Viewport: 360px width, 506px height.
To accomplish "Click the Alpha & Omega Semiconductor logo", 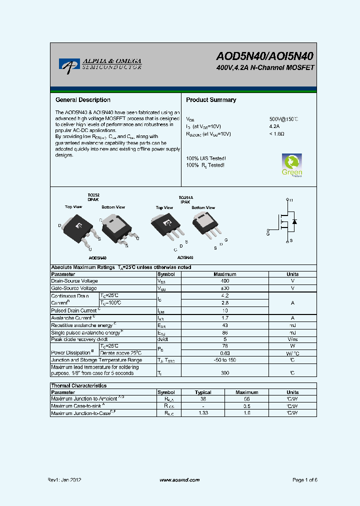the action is pyautogui.click(x=100, y=63).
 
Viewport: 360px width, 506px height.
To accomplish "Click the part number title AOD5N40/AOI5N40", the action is pyautogui.click(x=264, y=56).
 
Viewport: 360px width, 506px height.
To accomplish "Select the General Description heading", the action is pyautogui.click(x=82, y=100).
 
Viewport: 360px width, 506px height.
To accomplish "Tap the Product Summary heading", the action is pyautogui.click(x=211, y=100).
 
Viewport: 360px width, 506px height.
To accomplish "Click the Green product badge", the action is pyautogui.click(x=292, y=165).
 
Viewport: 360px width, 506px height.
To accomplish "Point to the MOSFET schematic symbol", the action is pyautogui.click(x=285, y=220).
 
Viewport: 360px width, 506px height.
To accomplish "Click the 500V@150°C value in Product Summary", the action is pyautogui.click(x=283, y=119).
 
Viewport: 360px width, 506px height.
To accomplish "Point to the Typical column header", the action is pyautogui.click(x=203, y=392).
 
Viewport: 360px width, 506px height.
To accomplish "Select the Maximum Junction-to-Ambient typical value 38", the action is pyautogui.click(x=203, y=399).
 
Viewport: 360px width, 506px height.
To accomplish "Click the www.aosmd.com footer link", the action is pyautogui.click(x=179, y=480).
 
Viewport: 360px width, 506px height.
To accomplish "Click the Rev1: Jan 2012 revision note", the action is pyautogui.click(x=64, y=480).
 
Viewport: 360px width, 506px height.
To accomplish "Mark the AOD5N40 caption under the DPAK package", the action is pyautogui.click(x=97, y=258).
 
